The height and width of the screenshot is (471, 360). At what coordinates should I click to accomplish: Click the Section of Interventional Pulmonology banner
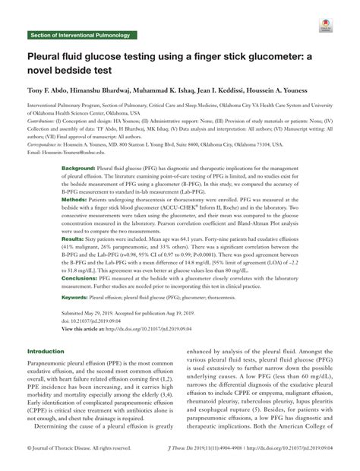(79, 35)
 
